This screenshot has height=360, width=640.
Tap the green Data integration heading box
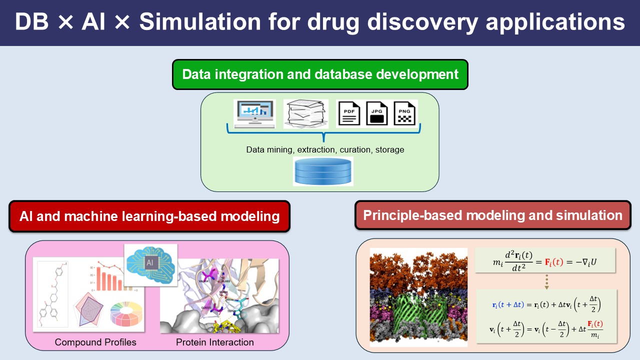(320, 74)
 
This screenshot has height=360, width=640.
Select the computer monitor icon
(254, 112)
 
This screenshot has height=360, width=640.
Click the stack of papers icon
(305, 113)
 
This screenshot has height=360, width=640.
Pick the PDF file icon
(349, 113)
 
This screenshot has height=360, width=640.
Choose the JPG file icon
(377, 113)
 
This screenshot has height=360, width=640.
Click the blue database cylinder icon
(323, 171)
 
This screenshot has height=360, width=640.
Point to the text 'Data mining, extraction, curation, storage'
(325, 149)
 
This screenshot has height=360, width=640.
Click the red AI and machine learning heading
(149, 216)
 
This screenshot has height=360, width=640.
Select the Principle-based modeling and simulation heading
(492, 215)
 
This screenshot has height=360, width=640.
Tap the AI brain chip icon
(150, 265)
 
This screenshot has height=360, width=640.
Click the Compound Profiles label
(95, 342)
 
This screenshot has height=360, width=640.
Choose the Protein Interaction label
(214, 342)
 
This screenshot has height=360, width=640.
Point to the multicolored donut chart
(125, 313)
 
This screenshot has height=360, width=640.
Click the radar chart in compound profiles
(90, 310)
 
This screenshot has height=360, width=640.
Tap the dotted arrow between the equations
(546, 281)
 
